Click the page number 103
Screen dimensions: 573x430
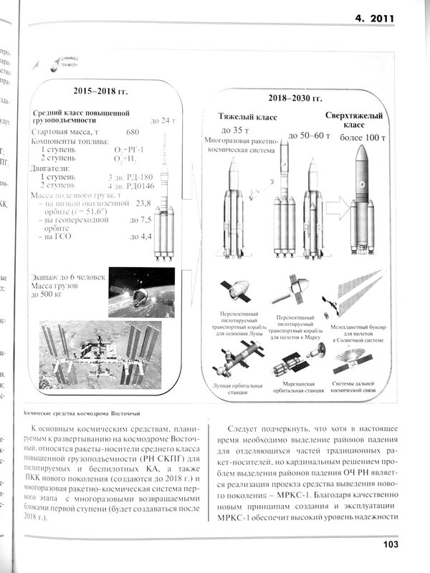[391, 545]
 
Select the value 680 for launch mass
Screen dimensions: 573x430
[132, 133]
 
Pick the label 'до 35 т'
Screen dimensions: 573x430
[235, 130]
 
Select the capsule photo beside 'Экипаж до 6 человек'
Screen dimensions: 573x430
[142, 292]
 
